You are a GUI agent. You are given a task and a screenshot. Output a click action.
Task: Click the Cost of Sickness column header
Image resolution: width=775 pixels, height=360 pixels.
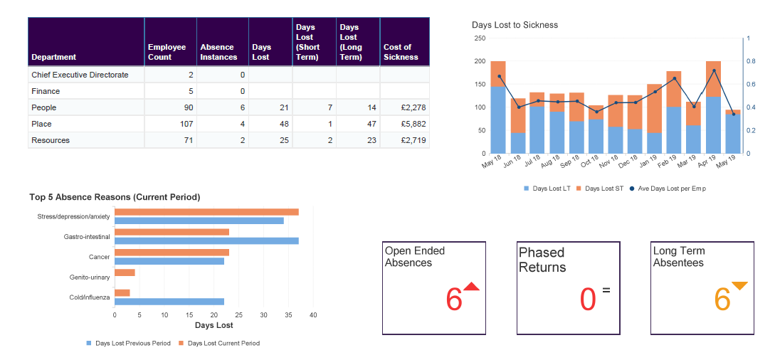tap(404, 52)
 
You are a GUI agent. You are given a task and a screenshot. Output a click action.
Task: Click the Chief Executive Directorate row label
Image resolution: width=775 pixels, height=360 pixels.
tap(80, 75)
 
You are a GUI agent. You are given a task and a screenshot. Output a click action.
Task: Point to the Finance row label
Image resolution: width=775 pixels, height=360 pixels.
tap(46, 91)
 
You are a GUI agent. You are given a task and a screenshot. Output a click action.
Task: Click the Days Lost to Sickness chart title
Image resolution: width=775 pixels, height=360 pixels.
tap(515, 25)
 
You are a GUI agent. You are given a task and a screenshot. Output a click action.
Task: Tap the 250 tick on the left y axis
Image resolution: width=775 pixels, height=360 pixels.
tap(480, 38)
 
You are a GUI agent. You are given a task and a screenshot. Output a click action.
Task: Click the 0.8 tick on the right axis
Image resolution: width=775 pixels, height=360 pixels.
tap(752, 61)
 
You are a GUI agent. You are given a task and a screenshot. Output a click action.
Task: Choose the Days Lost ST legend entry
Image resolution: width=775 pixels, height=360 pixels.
tap(599, 189)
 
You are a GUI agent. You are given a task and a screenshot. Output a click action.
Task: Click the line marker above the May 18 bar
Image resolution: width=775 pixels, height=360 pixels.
tap(499, 76)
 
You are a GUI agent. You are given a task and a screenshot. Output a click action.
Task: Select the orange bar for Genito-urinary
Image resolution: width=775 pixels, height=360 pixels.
tap(125, 272)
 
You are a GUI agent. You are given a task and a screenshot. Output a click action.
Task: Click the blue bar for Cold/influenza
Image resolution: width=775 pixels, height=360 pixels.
tap(169, 302)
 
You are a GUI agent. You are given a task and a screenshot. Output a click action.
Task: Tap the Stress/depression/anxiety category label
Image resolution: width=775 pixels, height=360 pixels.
tap(74, 216)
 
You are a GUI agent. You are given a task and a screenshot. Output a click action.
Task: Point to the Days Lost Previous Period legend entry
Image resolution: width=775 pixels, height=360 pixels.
tap(132, 343)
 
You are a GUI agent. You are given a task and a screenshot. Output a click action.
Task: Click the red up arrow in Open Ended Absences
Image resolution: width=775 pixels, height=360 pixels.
tap(471, 287)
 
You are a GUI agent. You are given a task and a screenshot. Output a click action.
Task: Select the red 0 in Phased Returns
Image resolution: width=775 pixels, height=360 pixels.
tap(587, 300)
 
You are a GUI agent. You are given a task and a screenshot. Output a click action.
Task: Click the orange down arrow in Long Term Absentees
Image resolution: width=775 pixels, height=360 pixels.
tap(739, 286)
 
